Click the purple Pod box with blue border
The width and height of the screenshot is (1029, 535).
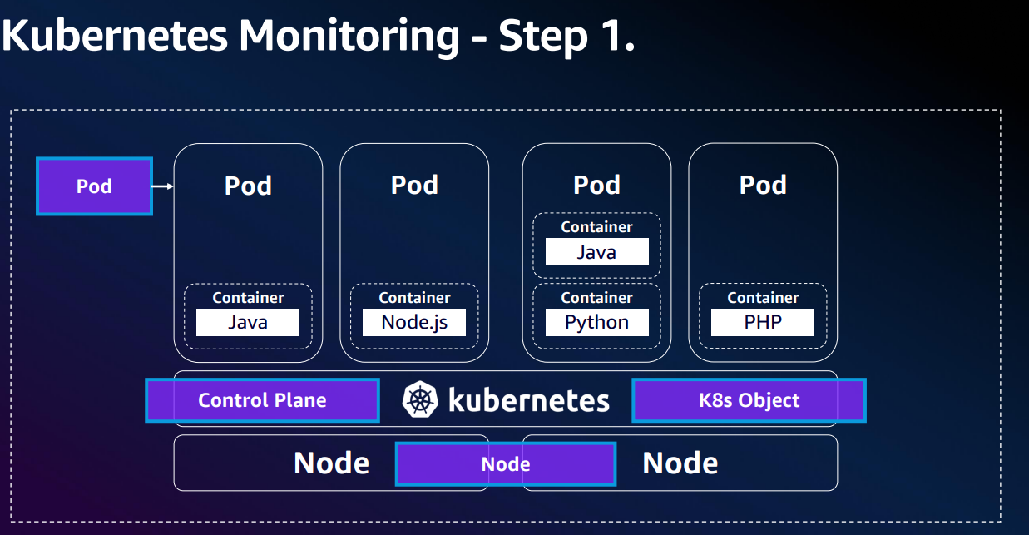(x=94, y=186)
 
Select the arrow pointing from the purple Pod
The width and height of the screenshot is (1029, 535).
(x=163, y=186)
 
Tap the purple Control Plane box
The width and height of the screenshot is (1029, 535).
(x=262, y=400)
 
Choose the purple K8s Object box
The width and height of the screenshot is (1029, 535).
(x=749, y=400)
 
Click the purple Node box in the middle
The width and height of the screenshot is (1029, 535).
(x=506, y=464)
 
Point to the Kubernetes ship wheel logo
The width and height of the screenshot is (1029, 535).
(x=420, y=400)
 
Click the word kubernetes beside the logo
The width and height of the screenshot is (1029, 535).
(x=529, y=400)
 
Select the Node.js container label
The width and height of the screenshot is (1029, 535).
(x=414, y=323)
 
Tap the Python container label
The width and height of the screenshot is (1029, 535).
(x=596, y=323)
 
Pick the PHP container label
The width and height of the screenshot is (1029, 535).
(x=763, y=323)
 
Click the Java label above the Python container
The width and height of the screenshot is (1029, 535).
(x=596, y=252)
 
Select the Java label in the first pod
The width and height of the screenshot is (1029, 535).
(x=248, y=323)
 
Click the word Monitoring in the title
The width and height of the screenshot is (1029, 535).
(x=349, y=37)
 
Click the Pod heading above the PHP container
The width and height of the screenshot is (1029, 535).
(x=763, y=185)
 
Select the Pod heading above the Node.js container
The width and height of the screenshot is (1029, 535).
(x=414, y=185)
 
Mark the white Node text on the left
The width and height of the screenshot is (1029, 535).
(x=331, y=463)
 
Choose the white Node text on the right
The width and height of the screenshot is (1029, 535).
(x=680, y=463)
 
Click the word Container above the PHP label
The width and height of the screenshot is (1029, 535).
(x=763, y=298)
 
